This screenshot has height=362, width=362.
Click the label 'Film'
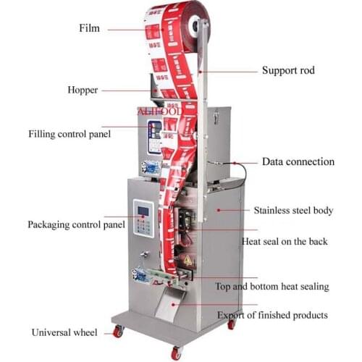[x=89, y=29]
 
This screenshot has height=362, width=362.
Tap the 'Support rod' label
[x=287, y=71]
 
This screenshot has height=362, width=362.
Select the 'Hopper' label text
[x=83, y=90]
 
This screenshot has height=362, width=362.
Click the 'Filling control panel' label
[x=70, y=134]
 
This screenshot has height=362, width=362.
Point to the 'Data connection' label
[x=298, y=162]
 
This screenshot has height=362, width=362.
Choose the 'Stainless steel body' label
[x=293, y=211]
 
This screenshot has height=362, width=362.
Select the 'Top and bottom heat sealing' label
[x=271, y=287]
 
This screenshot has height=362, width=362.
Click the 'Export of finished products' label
[x=273, y=315]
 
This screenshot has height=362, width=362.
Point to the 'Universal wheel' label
[x=64, y=332]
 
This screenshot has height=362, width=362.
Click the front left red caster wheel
[x=118, y=332]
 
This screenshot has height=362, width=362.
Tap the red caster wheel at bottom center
[x=175, y=353]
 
